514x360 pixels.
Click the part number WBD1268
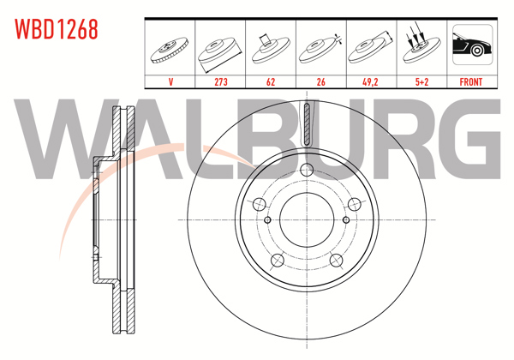click(x=56, y=29)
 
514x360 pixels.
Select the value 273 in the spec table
click(x=220, y=82)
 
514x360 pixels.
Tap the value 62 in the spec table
click(x=270, y=82)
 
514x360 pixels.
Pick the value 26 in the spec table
click(x=320, y=82)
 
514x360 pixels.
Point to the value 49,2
click(x=369, y=82)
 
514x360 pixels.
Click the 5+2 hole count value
click(x=419, y=82)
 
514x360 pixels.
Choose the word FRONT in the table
click(x=471, y=82)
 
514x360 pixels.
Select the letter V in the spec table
click(x=170, y=82)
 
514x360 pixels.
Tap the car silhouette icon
click(x=471, y=47)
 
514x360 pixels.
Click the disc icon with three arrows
click(x=419, y=47)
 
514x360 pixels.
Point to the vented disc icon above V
click(x=170, y=49)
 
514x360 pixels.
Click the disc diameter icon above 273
click(x=220, y=49)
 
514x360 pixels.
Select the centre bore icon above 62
click(x=270, y=49)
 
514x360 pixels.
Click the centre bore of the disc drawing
click(x=306, y=219)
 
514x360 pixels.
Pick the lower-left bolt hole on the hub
click(x=276, y=261)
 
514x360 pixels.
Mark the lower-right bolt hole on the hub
click(x=336, y=261)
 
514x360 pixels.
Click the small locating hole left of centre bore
click(x=268, y=219)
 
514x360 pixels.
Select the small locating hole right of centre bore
click(x=344, y=219)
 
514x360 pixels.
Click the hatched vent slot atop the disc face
click(x=306, y=125)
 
